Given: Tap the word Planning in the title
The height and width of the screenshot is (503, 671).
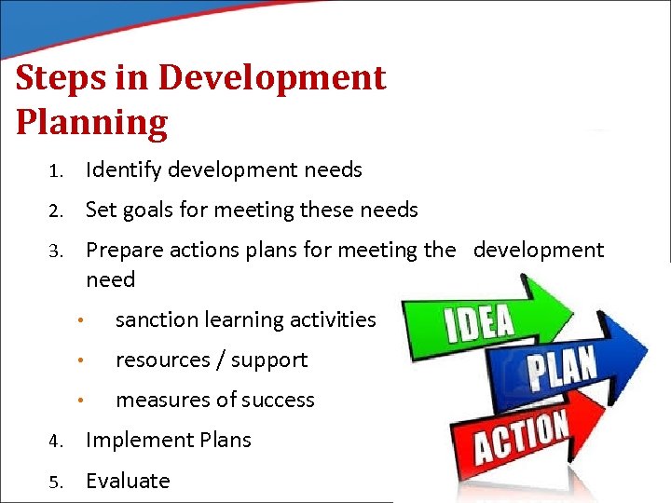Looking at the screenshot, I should (x=91, y=122).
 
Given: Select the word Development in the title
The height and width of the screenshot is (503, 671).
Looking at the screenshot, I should (x=272, y=78).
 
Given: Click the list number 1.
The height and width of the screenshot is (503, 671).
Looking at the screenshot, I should (x=55, y=170).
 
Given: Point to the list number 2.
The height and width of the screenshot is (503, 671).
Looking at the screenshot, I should (x=55, y=211).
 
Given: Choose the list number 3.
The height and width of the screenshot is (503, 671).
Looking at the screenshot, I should (x=55, y=251).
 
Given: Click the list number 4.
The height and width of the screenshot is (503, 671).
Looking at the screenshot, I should (x=55, y=441).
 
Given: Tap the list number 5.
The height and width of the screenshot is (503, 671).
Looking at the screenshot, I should (x=55, y=482).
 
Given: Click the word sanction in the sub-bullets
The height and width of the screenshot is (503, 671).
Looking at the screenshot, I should (x=153, y=320).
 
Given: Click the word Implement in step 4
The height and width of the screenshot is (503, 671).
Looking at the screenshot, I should (x=136, y=441).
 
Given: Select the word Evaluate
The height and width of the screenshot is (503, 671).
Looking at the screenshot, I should (x=128, y=482).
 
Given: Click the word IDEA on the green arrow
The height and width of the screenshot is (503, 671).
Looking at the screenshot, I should (x=479, y=322).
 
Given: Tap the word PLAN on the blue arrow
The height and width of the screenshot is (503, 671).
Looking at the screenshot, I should (x=563, y=370).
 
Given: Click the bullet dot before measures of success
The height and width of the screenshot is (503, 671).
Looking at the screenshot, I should (x=83, y=401).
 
